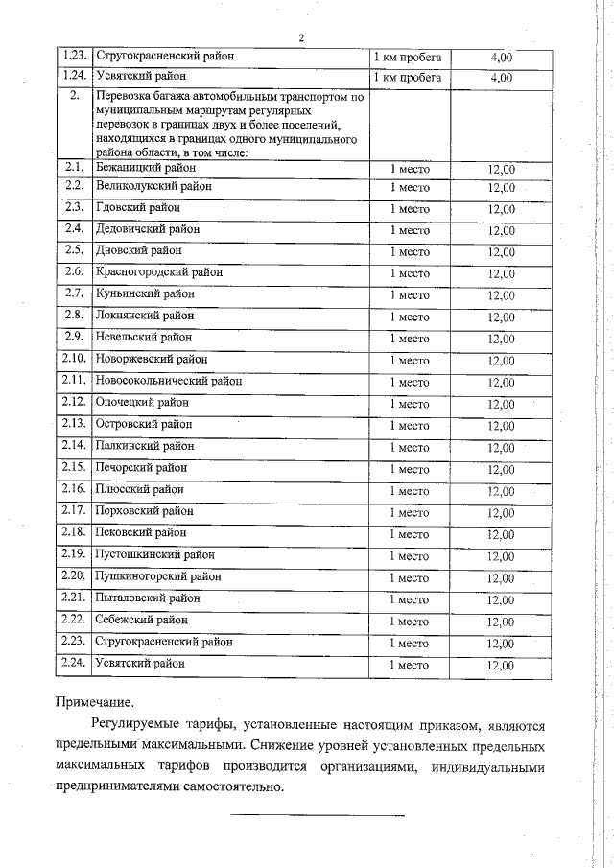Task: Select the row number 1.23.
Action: click(x=69, y=57)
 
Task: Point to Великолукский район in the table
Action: click(x=153, y=186)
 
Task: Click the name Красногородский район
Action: click(x=158, y=273)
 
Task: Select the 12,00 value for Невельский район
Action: click(x=501, y=339)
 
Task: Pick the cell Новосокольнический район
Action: click(x=168, y=382)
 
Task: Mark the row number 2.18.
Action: click(x=73, y=532)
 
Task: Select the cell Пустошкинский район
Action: click(x=154, y=554)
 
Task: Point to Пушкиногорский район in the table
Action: click(x=157, y=576)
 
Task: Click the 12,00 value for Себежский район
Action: click(x=501, y=622)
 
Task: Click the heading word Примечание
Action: click(x=94, y=702)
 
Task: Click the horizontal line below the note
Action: click(x=318, y=816)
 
